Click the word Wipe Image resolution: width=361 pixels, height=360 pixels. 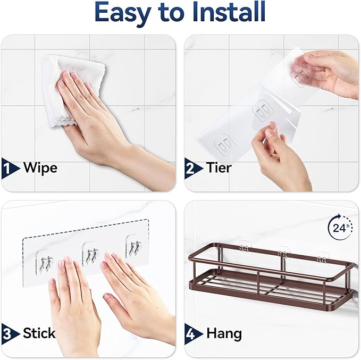click(x=40, y=169)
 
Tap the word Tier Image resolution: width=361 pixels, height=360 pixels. click(x=219, y=169)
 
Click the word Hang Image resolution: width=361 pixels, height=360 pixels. click(x=224, y=333)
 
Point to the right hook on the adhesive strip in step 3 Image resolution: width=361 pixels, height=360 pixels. click(x=133, y=247)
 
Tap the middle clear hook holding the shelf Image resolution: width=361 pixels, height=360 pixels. click(x=283, y=250)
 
